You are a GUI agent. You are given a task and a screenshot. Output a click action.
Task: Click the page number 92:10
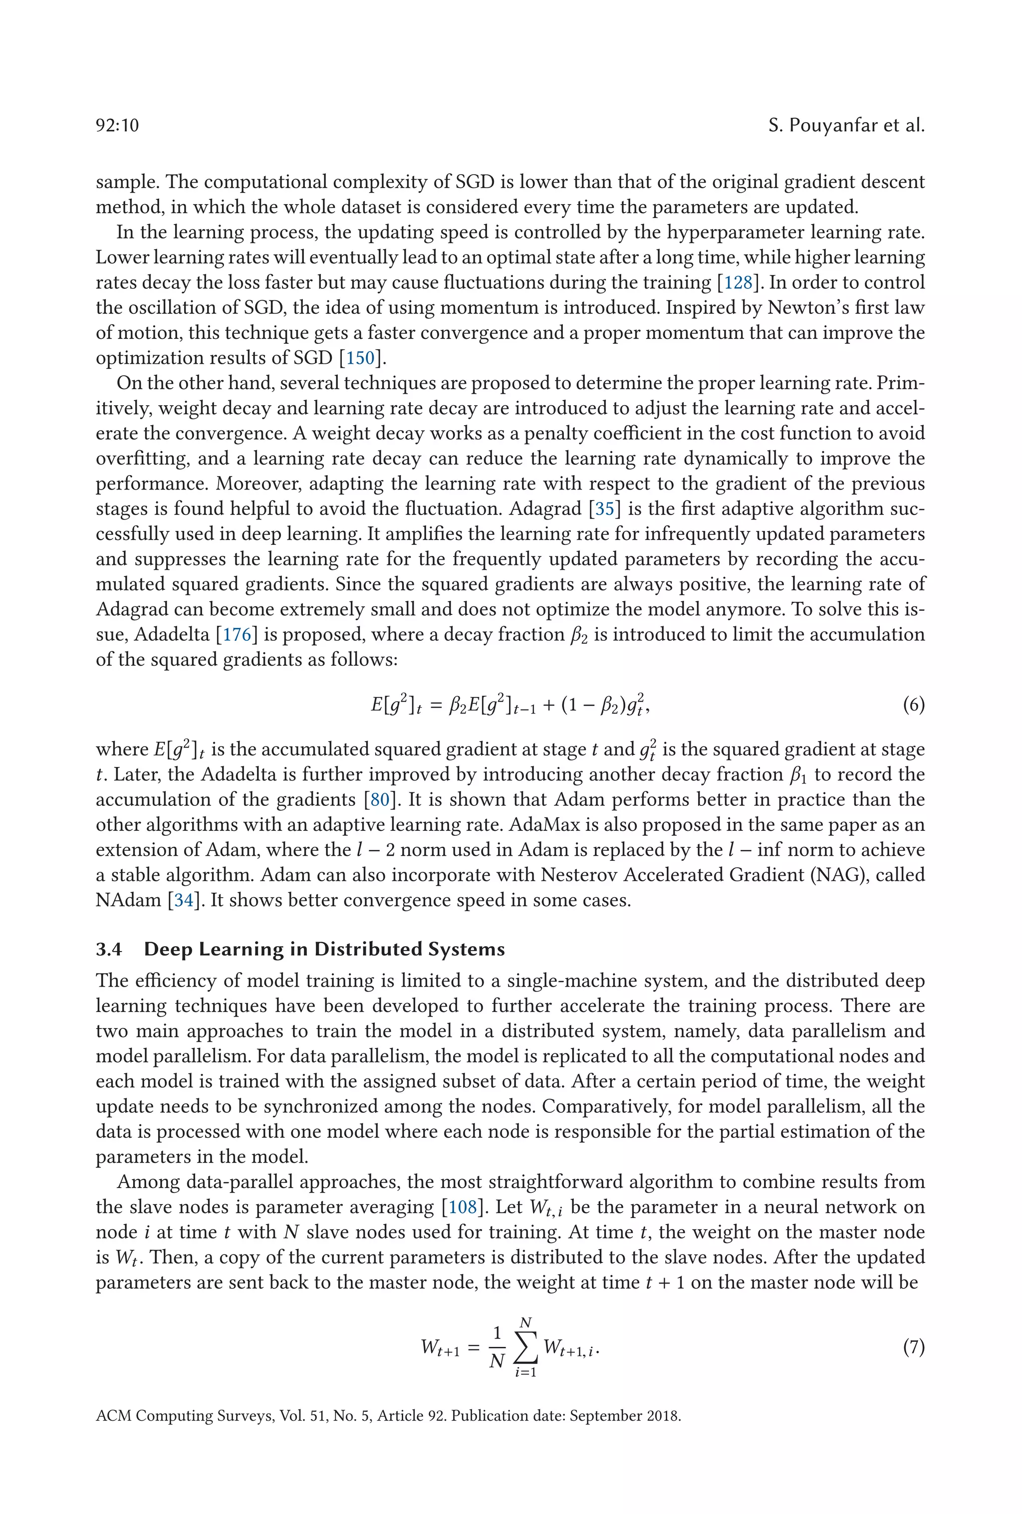117,125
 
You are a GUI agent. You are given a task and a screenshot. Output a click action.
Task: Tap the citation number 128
738,282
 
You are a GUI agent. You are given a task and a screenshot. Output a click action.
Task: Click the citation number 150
360,358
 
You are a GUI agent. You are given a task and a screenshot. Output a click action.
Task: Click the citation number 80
380,799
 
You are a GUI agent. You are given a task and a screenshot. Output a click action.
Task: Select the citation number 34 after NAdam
184,900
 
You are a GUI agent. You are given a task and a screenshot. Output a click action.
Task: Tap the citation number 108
463,1207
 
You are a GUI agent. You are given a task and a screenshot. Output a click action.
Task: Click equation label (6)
913,704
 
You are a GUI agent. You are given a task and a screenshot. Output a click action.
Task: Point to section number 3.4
109,949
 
